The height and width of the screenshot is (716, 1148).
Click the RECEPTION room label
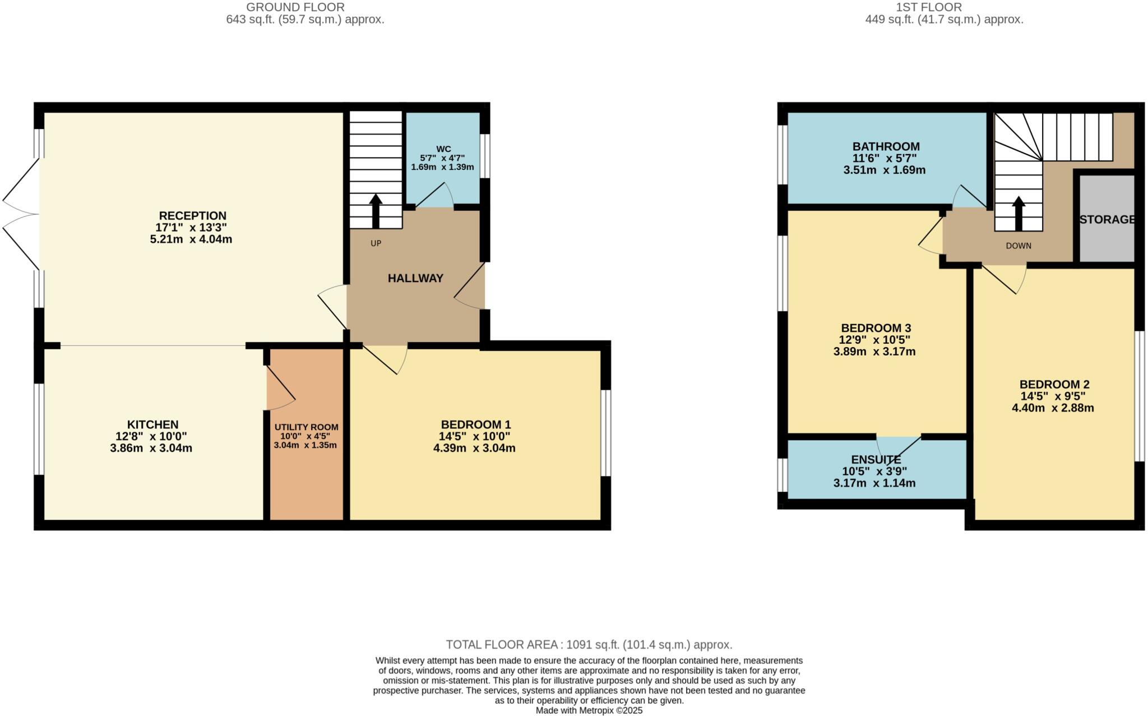click(x=192, y=216)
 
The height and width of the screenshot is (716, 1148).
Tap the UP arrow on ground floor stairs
click(x=376, y=211)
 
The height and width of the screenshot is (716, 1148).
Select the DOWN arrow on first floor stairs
click(x=1018, y=214)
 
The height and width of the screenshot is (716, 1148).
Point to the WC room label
click(x=443, y=149)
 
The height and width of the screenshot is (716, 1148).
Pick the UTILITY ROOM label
click(x=306, y=427)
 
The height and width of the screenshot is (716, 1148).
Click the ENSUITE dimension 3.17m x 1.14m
click(x=874, y=483)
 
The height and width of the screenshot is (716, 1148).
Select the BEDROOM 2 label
click(x=1054, y=385)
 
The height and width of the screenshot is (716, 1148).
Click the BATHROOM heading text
click(x=886, y=146)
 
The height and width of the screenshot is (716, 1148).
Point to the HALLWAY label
click(x=415, y=278)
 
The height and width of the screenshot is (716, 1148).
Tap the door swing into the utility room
click(x=279, y=387)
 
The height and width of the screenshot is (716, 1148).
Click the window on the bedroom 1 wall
click(x=606, y=433)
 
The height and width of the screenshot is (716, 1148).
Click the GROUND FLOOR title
click(x=295, y=7)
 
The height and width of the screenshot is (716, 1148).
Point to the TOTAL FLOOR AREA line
click(x=589, y=645)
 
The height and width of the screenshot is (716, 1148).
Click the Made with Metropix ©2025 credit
click(x=589, y=710)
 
